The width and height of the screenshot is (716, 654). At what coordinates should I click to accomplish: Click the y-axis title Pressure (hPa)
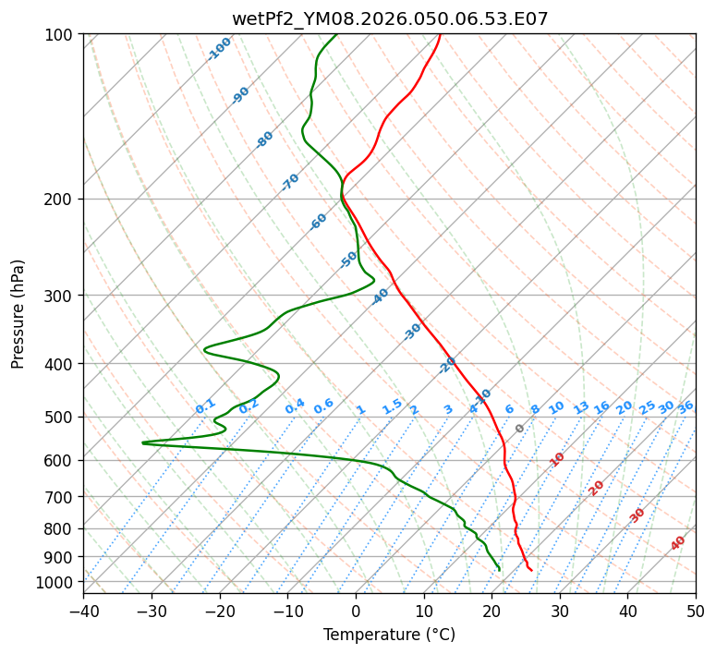(x=18, y=314)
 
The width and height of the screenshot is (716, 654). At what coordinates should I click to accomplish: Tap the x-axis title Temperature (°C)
(x=389, y=636)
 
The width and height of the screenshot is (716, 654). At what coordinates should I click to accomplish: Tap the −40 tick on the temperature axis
(x=83, y=611)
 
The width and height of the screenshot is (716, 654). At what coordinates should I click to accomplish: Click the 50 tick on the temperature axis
(x=696, y=611)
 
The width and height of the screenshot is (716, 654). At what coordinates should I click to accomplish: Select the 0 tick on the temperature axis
(x=356, y=611)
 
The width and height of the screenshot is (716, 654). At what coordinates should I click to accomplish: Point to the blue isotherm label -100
(x=219, y=49)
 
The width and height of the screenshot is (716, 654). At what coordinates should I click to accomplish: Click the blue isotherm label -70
(x=290, y=182)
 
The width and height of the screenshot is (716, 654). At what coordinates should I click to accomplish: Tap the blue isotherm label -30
(x=412, y=332)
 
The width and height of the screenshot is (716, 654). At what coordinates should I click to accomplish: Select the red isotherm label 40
(x=678, y=543)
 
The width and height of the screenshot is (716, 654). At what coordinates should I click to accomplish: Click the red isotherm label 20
(x=596, y=487)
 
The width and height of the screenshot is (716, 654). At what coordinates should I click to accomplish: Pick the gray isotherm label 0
(x=519, y=429)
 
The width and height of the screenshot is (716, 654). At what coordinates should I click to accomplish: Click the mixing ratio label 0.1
(x=205, y=406)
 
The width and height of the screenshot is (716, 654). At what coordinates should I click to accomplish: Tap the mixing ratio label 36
(x=686, y=406)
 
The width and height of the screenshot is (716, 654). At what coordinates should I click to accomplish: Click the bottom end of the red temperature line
(x=531, y=570)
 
